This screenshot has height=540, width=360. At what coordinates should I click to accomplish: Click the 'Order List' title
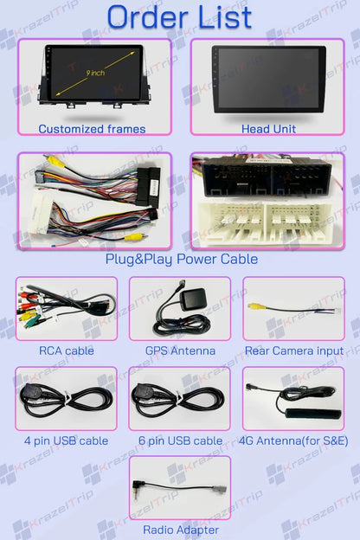pos(179,17)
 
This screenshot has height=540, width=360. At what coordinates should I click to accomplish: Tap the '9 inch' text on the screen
pos(95,73)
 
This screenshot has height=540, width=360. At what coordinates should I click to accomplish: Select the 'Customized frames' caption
pos(92,129)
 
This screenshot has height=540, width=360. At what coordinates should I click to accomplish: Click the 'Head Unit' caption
pos(268,129)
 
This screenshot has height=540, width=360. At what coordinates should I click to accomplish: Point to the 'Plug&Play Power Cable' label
pos(182,259)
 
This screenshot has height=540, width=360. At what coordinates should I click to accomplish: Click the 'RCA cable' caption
pos(67,350)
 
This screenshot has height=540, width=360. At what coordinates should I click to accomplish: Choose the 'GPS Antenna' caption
pos(180,350)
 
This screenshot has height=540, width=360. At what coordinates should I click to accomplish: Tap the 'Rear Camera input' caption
pos(294,350)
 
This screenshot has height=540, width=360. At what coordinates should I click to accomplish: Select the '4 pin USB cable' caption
pos(66,440)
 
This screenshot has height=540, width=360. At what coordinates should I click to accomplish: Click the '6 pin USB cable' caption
pos(180,440)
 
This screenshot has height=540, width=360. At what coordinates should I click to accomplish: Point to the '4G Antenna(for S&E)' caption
pos(293,440)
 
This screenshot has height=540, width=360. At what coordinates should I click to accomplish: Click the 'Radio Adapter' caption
pos(181,530)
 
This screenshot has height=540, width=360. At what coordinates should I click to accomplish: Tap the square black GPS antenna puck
pos(194,299)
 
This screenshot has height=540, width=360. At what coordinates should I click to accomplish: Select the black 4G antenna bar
pos(312,414)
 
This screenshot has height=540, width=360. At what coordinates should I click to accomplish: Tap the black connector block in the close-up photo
pos(267,177)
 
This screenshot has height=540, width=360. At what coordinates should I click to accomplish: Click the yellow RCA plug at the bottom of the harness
pos(133,237)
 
